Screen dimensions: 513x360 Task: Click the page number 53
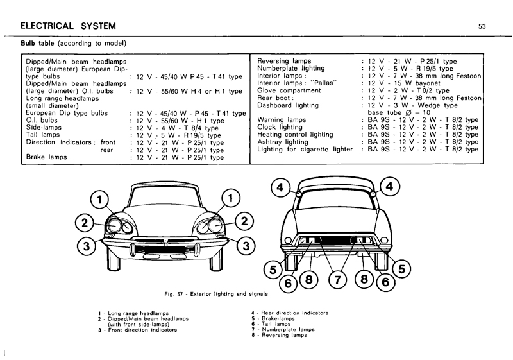pyautogui.click(x=482, y=26)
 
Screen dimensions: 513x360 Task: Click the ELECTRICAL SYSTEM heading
pyautogui.click(x=68, y=26)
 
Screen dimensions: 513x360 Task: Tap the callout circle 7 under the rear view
pyautogui.click(x=337, y=280)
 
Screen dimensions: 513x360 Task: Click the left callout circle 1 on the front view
pyautogui.click(x=99, y=200)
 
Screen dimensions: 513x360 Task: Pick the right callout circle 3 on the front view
pyautogui.click(x=246, y=245)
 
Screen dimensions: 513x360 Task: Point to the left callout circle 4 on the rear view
pyautogui.click(x=280, y=187)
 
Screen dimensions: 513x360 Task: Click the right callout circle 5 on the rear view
pyautogui.click(x=402, y=269)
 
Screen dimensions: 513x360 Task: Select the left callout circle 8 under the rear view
pyautogui.click(x=309, y=280)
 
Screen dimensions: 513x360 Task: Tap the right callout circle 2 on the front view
pyautogui.click(x=244, y=221)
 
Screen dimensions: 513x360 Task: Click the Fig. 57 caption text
pyautogui.click(x=216, y=294)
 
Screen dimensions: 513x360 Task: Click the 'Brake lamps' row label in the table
pyautogui.click(x=46, y=157)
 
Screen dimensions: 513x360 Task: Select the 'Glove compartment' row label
pyautogui.click(x=289, y=90)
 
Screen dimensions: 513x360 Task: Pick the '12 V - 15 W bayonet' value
pyautogui.click(x=404, y=83)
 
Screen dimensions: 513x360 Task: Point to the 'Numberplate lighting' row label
pyautogui.click(x=291, y=69)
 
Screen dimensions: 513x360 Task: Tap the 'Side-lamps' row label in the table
pyautogui.click(x=44, y=127)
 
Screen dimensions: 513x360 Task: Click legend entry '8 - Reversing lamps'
pyautogui.click(x=280, y=335)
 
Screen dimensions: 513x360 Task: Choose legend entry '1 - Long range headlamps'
pyautogui.click(x=133, y=313)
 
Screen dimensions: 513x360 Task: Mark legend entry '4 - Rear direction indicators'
pyautogui.click(x=290, y=313)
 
